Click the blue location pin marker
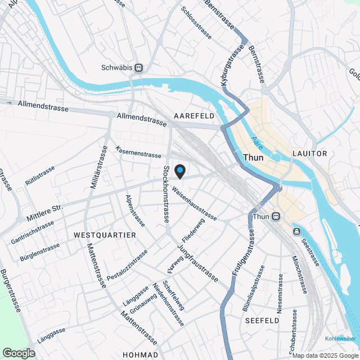coord(180,170)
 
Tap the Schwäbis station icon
coord(138,67)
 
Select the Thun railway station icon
coord(276,216)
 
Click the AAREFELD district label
coord(194,115)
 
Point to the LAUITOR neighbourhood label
coord(309,154)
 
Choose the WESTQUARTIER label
coord(105,234)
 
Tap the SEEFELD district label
coord(262,320)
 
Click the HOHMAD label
coord(141,355)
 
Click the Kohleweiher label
coord(340,338)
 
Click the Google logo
coord(18,353)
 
